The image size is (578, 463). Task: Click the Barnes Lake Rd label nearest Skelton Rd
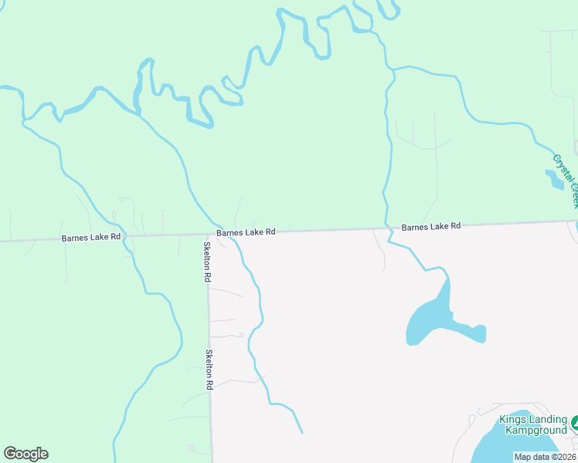[246, 232]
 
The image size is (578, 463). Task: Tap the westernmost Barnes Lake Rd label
[91, 238]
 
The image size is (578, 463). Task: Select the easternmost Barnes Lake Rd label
[430, 227]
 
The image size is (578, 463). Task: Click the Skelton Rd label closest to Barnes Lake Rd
[207, 262]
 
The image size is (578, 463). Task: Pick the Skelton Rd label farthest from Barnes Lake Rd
[209, 369]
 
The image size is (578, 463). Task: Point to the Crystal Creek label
[566, 181]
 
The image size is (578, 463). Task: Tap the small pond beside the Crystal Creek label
[555, 180]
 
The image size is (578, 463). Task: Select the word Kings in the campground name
[512, 420]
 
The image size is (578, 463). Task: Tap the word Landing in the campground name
[548, 420]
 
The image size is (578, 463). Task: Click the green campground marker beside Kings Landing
[575, 424]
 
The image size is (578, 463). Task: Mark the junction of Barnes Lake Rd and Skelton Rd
[208, 235]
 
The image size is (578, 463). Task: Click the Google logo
[25, 454]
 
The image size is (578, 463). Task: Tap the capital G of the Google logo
[10, 454]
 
